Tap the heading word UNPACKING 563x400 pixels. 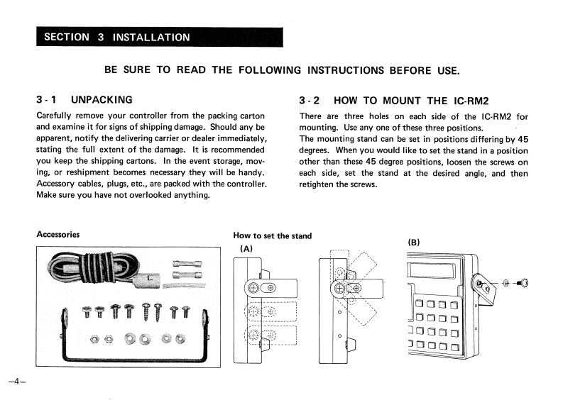(102, 100)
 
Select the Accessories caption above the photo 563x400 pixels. (58, 235)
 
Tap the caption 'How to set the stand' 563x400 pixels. (272, 235)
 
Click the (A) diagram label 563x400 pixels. (246, 248)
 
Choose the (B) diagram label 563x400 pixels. (415, 242)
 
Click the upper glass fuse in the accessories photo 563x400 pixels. (187, 264)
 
